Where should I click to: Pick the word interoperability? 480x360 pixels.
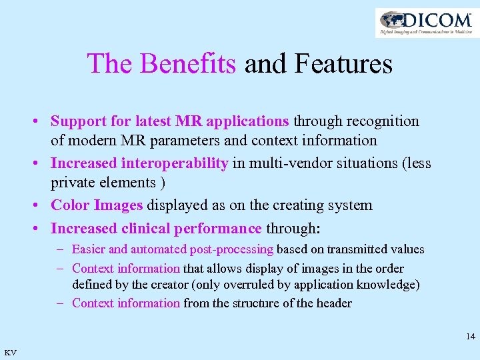click(175, 163)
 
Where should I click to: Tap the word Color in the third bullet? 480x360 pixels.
click(70, 205)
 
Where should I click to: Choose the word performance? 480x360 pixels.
click(217, 229)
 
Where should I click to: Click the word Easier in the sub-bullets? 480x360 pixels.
click(88, 249)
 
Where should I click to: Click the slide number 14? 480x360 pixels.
click(471, 337)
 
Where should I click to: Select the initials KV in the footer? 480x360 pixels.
click(11, 352)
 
